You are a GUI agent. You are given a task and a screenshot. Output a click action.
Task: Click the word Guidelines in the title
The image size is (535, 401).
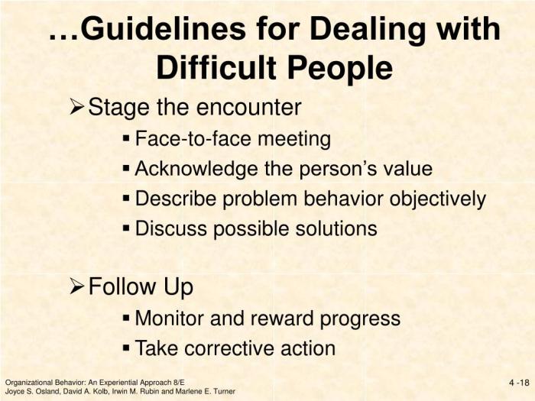click(163, 29)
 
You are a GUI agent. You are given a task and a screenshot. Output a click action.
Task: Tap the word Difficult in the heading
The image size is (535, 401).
click(216, 67)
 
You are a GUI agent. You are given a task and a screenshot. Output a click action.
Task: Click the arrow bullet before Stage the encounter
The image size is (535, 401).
click(77, 107)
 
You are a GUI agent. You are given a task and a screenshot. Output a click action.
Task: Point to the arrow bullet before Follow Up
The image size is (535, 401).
click(77, 286)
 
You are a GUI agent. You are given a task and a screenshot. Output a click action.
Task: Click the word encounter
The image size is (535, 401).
click(248, 108)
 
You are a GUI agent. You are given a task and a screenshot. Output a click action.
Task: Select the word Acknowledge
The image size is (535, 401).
click(196, 169)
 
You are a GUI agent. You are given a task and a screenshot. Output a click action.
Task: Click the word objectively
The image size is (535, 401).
click(438, 199)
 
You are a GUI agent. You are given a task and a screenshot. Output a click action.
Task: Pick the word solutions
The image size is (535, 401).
click(336, 228)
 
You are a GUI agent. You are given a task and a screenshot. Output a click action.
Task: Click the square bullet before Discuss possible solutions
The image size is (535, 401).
click(126, 228)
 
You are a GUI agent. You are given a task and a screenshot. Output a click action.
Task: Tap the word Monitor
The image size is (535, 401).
click(170, 319)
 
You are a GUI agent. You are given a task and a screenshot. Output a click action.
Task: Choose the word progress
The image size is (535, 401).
click(360, 319)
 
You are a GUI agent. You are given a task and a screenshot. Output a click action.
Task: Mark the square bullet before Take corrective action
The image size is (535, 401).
click(126, 348)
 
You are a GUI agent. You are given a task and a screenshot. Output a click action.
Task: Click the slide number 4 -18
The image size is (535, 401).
click(519, 383)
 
